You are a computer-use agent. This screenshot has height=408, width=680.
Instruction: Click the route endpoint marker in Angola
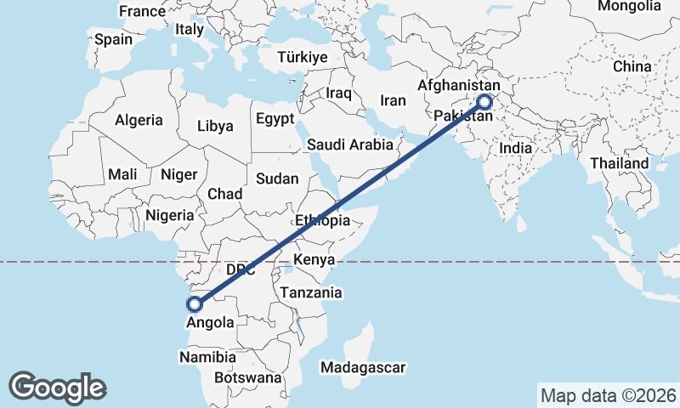tap(195, 303)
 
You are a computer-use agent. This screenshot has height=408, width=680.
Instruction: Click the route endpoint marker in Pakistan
tap(484, 102)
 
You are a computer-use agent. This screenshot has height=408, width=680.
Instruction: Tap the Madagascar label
tap(364, 367)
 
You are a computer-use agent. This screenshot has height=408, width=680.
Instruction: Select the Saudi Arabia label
tap(350, 144)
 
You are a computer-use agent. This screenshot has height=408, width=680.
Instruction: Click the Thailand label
tap(620, 163)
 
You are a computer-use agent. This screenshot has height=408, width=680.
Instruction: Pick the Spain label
tap(114, 39)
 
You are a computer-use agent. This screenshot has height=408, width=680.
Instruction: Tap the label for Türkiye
tap(302, 58)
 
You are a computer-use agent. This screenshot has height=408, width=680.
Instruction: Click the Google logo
tap(57, 388)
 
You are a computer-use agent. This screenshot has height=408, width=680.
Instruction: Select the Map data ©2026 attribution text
tap(609, 395)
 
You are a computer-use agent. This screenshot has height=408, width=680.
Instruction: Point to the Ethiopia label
tap(322, 220)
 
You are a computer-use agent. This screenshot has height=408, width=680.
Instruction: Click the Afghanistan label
tap(457, 86)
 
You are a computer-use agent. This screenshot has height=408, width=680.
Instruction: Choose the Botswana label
tap(247, 377)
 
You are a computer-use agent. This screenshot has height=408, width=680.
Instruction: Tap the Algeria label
tap(139, 121)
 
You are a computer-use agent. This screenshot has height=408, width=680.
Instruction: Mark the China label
tap(632, 66)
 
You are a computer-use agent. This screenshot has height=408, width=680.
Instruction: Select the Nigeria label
tap(170, 216)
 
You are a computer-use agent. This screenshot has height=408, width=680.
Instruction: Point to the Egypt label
tap(275, 118)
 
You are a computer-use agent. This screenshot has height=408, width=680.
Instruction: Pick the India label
tap(515, 148)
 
